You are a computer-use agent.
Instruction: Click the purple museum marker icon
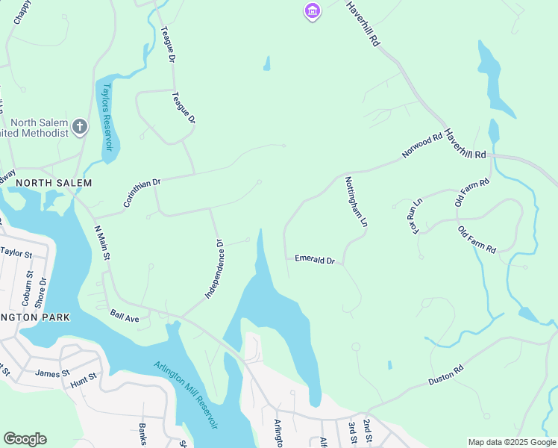pyautogui.click(x=312, y=12)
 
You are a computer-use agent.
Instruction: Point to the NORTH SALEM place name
pyautogui.click(x=54, y=183)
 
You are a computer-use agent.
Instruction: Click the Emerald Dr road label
pyautogui.click(x=315, y=260)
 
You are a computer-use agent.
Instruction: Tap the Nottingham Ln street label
pyautogui.click(x=356, y=202)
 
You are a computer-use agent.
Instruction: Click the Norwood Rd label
pyautogui.click(x=422, y=146)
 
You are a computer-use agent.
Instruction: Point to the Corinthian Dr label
pyautogui.click(x=142, y=193)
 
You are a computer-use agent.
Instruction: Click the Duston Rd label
pyautogui.click(x=447, y=376)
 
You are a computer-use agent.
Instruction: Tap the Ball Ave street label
pyautogui.click(x=125, y=317)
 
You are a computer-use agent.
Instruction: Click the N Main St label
pyautogui.click(x=102, y=243)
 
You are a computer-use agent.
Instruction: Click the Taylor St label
pyautogui.click(x=16, y=254)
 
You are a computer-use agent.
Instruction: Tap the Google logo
pyautogui.click(x=25, y=438)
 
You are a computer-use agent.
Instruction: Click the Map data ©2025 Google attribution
pyautogui.click(x=511, y=441)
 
